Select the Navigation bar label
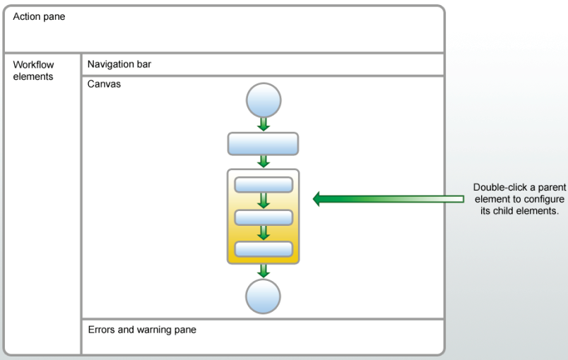[x=119, y=64]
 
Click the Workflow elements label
[x=32, y=70]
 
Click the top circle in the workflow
[x=263, y=100]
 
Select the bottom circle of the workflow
[x=263, y=296]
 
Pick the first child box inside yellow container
[x=263, y=185]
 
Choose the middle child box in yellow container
[x=263, y=217]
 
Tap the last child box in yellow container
[x=263, y=248]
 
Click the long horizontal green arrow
[x=389, y=200]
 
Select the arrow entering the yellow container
[x=263, y=162]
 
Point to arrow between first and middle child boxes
[x=263, y=200]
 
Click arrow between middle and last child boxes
[x=263, y=232]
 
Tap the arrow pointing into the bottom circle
[x=263, y=271]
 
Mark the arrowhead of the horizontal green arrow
[x=319, y=200]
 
